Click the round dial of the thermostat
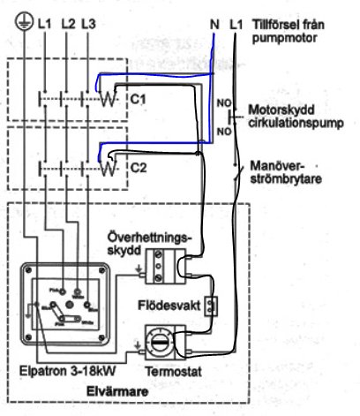(165, 343)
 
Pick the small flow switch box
(210, 306)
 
